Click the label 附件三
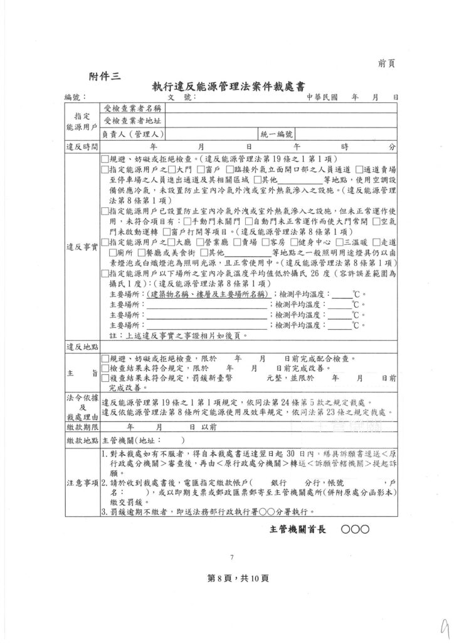[105, 76]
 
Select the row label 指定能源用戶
[82, 121]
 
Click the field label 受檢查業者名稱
[132, 109]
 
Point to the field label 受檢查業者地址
[132, 121]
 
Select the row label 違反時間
[82, 146]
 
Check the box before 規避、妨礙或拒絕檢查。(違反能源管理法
[105, 159]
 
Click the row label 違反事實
[82, 247]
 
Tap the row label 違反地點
[82, 346]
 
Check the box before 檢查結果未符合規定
[105, 368]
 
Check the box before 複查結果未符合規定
[105, 378]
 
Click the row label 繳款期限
[82, 426]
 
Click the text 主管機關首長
[298, 529]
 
